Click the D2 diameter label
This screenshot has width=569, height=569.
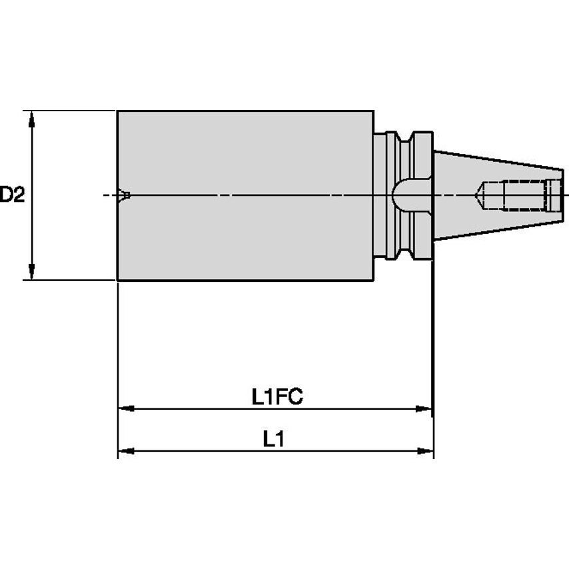tap(12, 195)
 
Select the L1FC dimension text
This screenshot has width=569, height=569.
tap(277, 398)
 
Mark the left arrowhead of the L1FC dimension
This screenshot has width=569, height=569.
tap(126, 408)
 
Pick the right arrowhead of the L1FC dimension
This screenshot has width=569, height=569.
tap(424, 408)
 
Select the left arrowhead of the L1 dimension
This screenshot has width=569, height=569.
tap(126, 451)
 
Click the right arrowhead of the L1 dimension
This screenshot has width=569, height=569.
tap(425, 451)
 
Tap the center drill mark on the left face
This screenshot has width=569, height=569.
tap(124, 195)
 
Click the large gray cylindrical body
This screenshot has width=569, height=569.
tap(245, 195)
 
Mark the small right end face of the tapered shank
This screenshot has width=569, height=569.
tap(562, 195)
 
